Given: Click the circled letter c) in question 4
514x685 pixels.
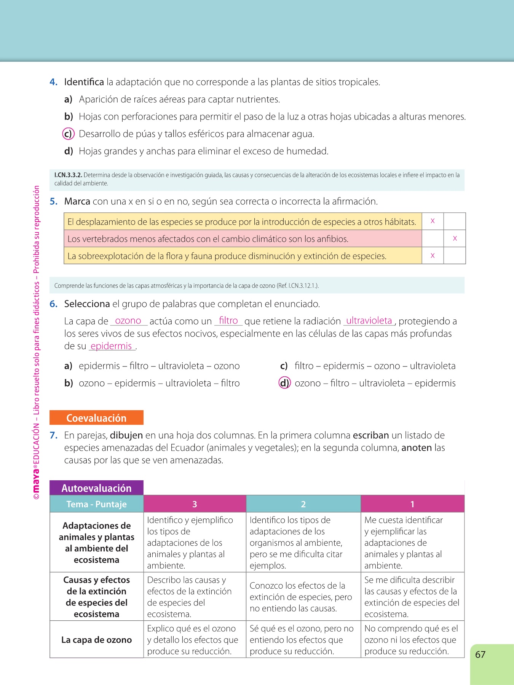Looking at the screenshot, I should coord(68,134).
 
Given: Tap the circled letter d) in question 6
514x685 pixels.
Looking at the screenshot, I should coord(284,383).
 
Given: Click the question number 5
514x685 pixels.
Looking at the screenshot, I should coord(54,201).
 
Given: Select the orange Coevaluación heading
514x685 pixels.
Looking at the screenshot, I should coord(96,418).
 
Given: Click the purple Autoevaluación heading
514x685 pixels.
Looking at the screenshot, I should coord(96,488).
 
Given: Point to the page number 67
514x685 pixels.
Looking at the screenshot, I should coord(480,655).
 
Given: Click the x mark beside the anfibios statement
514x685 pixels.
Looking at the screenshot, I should coord(455,239).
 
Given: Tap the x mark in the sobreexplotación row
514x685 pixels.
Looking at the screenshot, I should coord(433,256).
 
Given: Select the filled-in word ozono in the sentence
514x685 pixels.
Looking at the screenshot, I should coord(128,321).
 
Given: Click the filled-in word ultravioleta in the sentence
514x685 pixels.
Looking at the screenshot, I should coord(369,321).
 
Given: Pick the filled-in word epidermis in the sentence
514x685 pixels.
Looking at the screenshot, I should coord(111,346).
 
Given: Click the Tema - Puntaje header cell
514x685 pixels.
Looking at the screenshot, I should coord(96,504).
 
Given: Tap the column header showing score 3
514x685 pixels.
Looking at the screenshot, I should coord(195,504).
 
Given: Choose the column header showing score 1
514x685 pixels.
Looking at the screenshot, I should coord(412,504).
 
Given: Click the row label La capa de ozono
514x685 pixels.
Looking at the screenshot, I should coord(96,640).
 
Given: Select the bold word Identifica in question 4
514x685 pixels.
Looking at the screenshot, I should coord(84,82).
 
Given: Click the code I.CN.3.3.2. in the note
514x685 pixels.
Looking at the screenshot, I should coord(68,175).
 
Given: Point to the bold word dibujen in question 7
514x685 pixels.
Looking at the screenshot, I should coord(126,435).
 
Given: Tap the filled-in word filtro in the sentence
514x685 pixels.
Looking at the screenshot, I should coord(228,321).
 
